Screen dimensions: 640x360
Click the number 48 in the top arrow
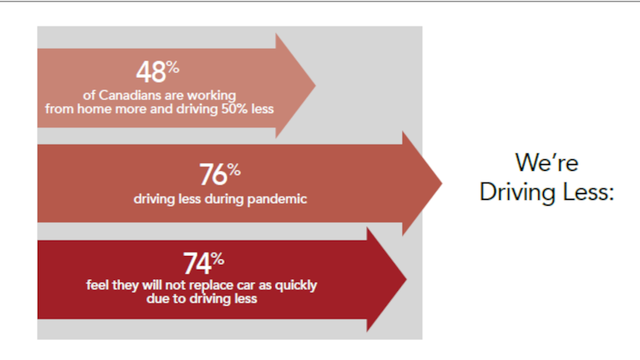[x=151, y=73]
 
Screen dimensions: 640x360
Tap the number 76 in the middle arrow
[x=213, y=175]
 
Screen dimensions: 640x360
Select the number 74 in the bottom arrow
[x=197, y=264]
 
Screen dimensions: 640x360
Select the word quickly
[x=295, y=285]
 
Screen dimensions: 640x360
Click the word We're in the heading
[x=546, y=162]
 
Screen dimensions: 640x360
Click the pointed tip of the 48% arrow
[x=316, y=85]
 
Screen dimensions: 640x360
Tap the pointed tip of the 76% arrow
[x=442, y=183]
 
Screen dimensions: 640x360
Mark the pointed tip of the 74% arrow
[x=407, y=279]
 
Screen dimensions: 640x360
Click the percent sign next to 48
[x=172, y=67]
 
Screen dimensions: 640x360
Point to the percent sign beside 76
[x=234, y=169]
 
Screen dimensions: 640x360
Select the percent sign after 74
[x=217, y=258]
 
